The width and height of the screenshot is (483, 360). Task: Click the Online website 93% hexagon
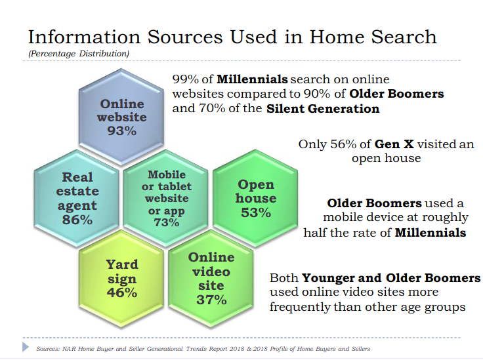pos(121,117)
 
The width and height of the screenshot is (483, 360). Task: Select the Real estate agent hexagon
pos(77,198)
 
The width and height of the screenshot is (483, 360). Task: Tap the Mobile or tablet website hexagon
pos(166,198)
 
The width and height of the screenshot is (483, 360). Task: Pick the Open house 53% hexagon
pos(255,198)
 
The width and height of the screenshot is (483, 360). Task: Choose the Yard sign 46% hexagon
pos(121,279)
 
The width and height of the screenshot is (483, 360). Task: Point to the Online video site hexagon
pos(211,279)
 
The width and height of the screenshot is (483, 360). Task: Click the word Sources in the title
pos(185,37)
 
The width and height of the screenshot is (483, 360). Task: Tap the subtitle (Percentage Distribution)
pos(79,54)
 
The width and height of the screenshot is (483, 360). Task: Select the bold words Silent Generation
pos(323,109)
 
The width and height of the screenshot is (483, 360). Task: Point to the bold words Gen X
pos(394,144)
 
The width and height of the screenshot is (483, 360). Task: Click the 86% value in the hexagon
pos(77,220)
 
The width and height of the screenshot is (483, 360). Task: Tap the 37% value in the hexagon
pos(211,300)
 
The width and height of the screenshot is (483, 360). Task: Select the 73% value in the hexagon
pos(166,222)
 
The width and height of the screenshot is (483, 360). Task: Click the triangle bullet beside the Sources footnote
pos(26,347)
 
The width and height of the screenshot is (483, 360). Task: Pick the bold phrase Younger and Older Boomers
pos(391,278)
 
